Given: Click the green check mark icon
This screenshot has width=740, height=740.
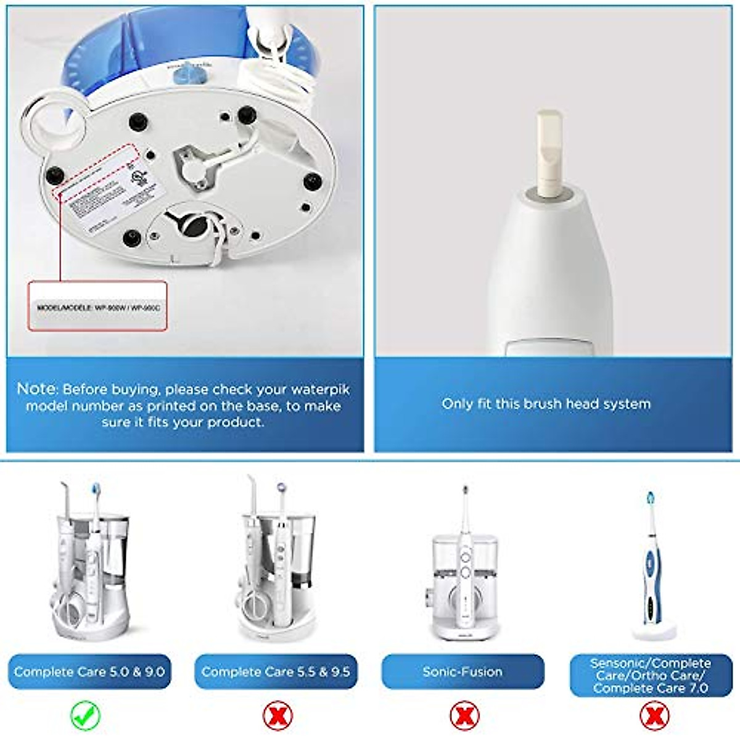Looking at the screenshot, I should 85,716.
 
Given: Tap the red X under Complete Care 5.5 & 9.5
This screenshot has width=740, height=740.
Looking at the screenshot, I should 277,716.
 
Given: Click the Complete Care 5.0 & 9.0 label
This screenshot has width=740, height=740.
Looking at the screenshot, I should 89,672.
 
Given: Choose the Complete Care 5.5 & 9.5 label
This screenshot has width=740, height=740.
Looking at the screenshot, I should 276,672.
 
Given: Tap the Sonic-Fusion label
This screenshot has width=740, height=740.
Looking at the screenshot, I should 462,672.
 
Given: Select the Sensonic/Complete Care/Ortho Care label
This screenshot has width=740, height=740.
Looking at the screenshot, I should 651,675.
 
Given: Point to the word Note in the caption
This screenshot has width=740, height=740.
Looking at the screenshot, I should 37,389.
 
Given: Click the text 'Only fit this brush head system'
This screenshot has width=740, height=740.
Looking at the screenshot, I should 546,404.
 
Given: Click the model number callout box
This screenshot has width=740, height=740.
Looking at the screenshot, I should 97,306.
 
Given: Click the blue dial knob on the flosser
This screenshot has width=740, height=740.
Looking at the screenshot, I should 187,75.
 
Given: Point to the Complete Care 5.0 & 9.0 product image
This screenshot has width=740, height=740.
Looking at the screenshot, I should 89,567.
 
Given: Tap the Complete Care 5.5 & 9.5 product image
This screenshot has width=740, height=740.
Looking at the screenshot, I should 276,567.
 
